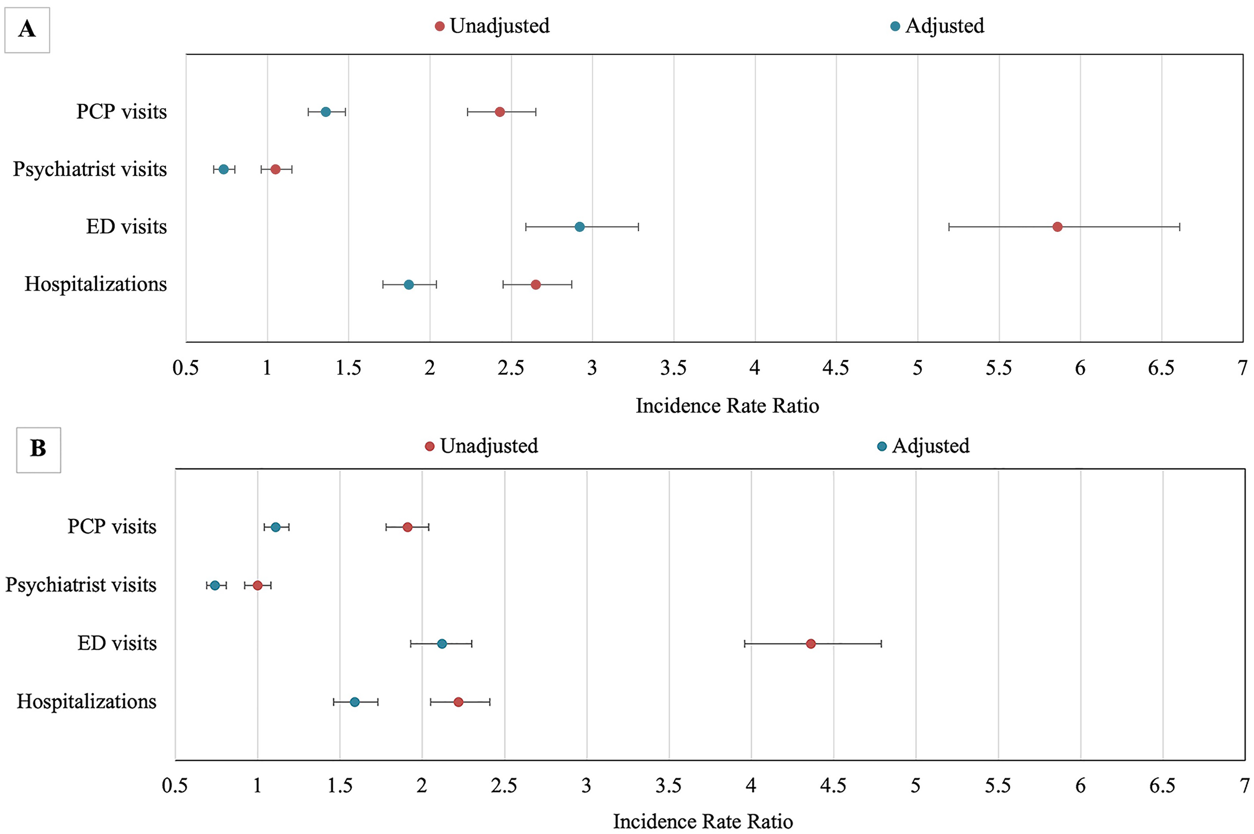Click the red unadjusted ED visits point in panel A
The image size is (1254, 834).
click(x=1057, y=227)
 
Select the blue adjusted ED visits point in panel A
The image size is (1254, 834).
click(x=579, y=227)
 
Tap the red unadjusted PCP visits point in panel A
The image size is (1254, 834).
click(x=499, y=112)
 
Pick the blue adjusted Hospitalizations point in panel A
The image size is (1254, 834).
click(x=408, y=285)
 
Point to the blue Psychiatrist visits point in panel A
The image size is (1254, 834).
click(x=224, y=169)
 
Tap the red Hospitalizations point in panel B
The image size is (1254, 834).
click(x=458, y=702)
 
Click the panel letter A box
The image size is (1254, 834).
click(x=27, y=30)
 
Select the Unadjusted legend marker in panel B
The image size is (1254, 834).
click(x=429, y=446)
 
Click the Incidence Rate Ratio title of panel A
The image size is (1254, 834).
click(x=727, y=406)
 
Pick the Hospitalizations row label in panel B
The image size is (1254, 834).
click(x=87, y=702)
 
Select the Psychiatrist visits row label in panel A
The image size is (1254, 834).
click(x=90, y=169)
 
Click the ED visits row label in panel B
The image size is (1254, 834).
click(x=117, y=643)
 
